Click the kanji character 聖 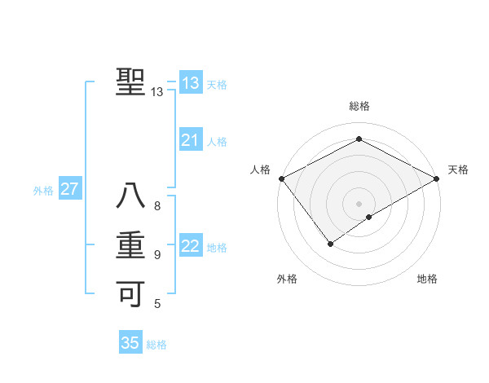(130, 82)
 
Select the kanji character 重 (130, 245)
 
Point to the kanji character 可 (130, 293)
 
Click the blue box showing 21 (190, 140)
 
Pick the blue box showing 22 (190, 246)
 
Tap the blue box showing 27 (69, 190)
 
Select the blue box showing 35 (130, 343)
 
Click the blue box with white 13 (190, 83)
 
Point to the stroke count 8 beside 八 (157, 206)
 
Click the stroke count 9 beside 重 (157, 255)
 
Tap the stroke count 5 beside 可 (157, 304)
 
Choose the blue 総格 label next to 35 (156, 345)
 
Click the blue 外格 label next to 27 (43, 191)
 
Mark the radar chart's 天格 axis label (458, 169)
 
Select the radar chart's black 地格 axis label (427, 279)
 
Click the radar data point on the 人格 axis (281, 178)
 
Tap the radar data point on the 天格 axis (437, 178)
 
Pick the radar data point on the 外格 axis (330, 243)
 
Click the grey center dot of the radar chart (359, 203)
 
